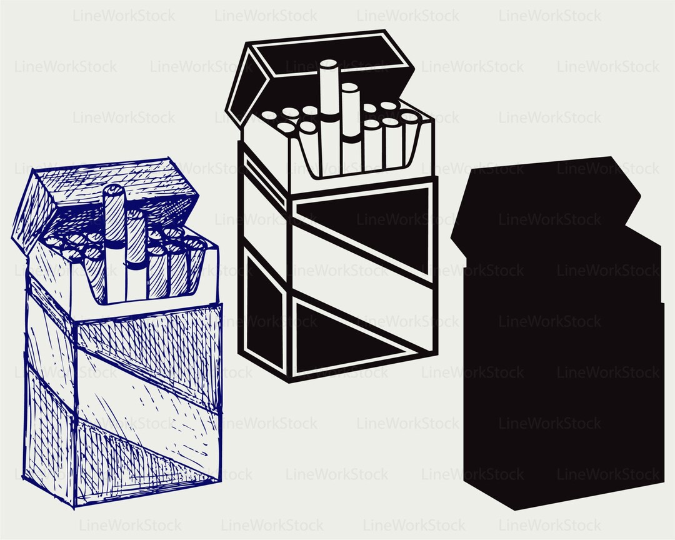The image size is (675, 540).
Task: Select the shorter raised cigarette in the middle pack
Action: (x=349, y=125)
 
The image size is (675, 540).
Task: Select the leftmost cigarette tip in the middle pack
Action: (x=269, y=116)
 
